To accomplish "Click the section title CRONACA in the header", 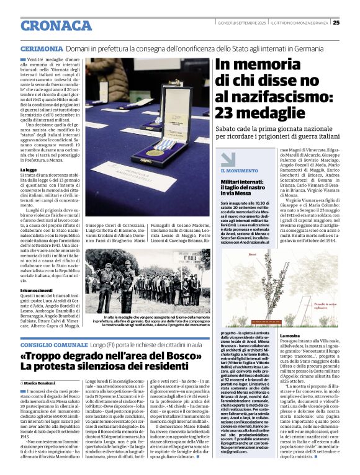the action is point(56,25).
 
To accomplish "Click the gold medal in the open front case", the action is point(155,153).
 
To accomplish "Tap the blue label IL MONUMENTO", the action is point(240,171).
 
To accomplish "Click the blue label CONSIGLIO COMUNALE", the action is point(55,344).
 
